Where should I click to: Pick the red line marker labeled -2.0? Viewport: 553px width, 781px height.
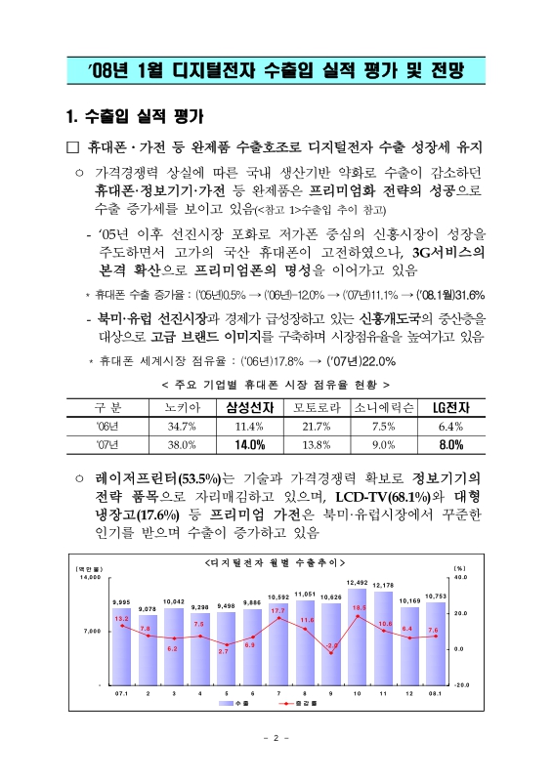pyautogui.click(x=331, y=653)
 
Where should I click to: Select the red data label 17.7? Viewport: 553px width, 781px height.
pyautogui.click(x=278, y=610)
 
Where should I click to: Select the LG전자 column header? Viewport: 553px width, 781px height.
pyautogui.click(x=449, y=407)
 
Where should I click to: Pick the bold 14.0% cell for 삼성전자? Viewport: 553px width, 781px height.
pyautogui.click(x=249, y=444)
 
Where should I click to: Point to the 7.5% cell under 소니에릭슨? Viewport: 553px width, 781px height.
pyautogui.click(x=382, y=426)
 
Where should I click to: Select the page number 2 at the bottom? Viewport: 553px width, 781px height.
pyautogui.click(x=276, y=738)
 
